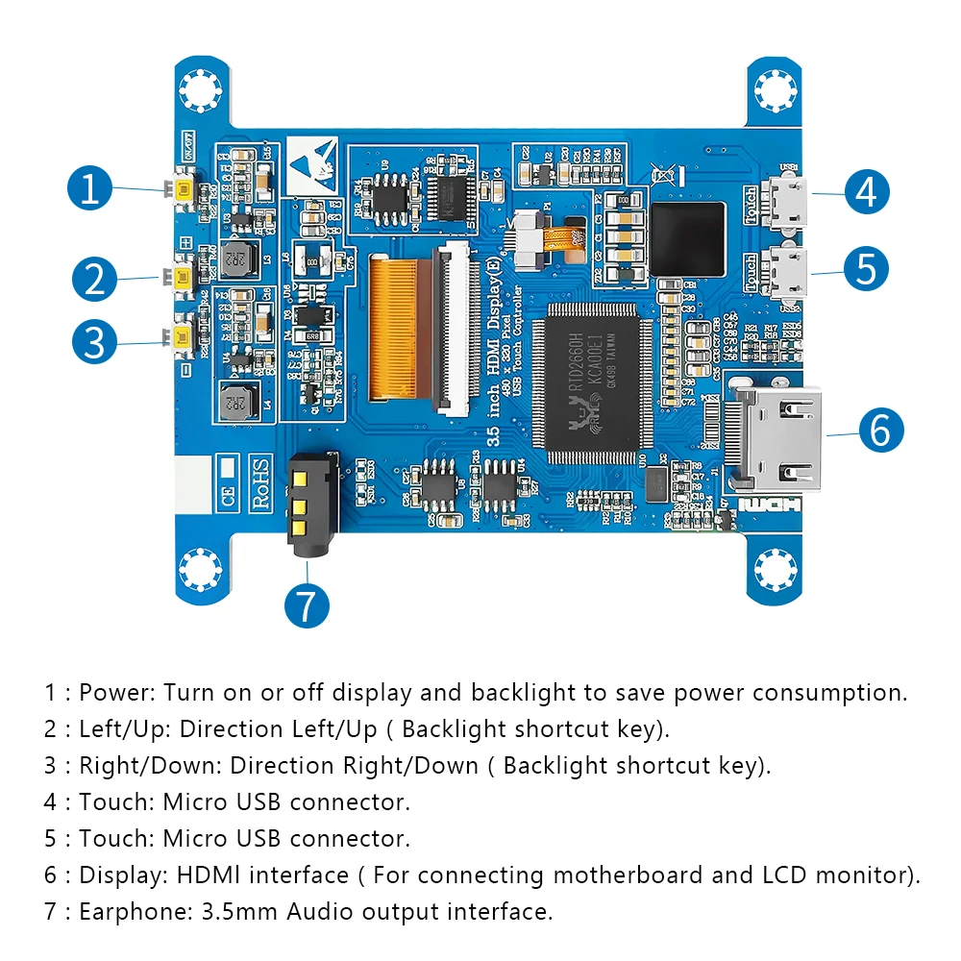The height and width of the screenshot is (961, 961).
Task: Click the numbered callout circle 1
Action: click(x=90, y=189)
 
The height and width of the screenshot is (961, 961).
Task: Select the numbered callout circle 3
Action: click(x=94, y=342)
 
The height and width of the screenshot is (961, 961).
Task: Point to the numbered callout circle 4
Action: click(x=867, y=192)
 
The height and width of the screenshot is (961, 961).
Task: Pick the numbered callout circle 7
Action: click(x=308, y=605)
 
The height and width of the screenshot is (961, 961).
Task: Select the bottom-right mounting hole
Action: click(x=775, y=570)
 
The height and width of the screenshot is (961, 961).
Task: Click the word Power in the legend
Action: click(x=117, y=693)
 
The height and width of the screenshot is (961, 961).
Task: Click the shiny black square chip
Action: click(x=687, y=239)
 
